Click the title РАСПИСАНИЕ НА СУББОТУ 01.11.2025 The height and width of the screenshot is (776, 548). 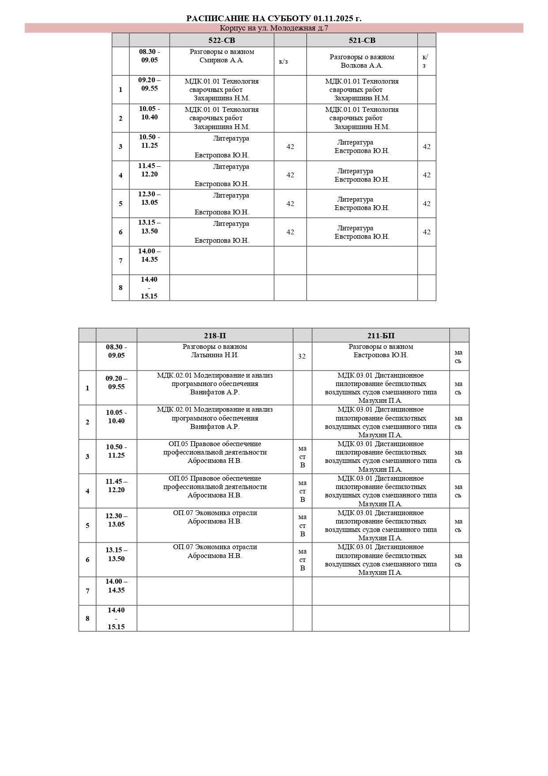274,18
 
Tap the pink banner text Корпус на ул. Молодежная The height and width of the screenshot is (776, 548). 274,28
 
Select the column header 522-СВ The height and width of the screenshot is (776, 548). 222,40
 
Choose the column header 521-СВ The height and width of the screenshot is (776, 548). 362,40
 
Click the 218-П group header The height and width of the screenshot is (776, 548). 215,336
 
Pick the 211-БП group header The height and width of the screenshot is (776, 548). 381,336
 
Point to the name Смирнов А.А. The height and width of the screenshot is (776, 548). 221,60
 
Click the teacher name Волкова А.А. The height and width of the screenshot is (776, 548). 362,65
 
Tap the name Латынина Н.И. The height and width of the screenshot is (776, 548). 215,355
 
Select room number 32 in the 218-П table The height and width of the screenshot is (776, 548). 302,356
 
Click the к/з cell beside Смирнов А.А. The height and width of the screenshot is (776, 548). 283,61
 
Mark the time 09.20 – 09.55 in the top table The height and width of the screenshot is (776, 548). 149,84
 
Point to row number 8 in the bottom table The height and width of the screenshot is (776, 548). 87,618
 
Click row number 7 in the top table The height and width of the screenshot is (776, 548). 121,260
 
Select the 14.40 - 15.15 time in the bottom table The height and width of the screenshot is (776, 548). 116,618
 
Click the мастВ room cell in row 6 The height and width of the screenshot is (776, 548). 302,560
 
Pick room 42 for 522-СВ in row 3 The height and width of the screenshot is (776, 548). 290,147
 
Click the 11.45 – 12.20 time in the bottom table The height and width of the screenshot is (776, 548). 116,485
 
